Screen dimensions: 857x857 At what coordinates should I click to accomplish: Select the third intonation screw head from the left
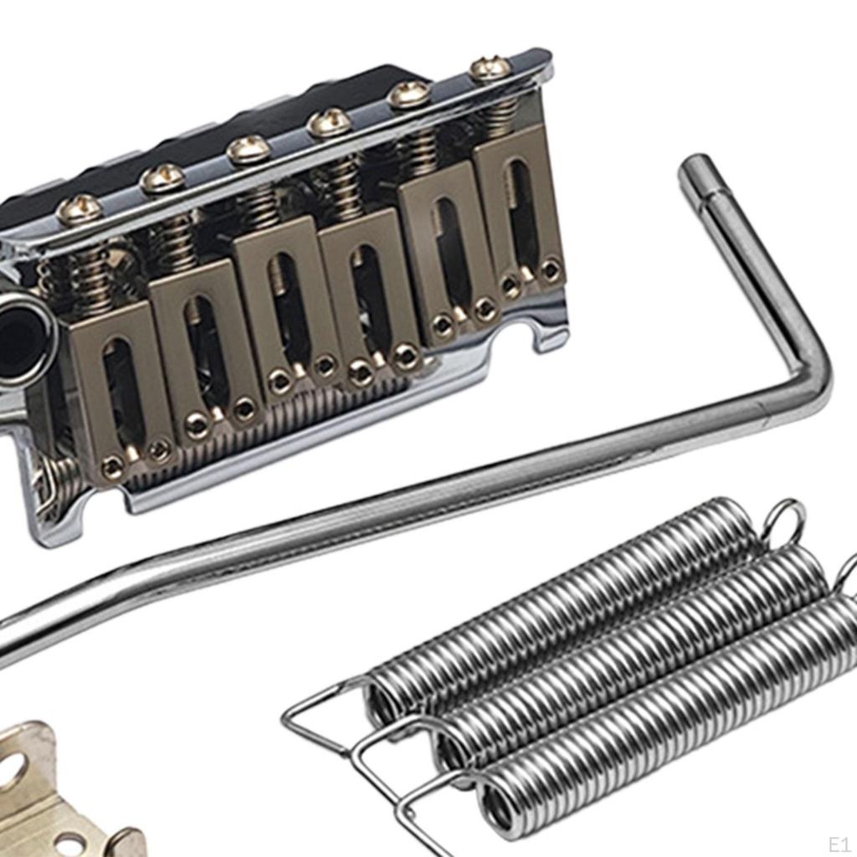pos(248,150)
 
